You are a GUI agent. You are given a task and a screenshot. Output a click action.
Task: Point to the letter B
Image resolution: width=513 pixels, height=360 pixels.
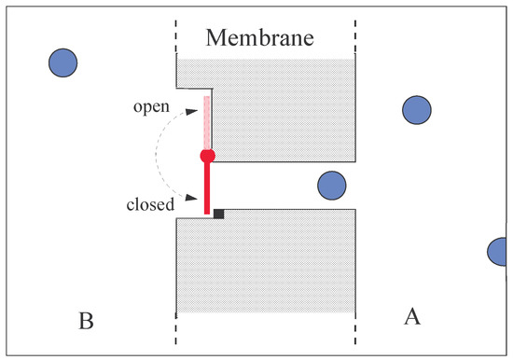85,321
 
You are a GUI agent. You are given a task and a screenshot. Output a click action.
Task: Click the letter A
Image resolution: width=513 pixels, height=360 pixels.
411,316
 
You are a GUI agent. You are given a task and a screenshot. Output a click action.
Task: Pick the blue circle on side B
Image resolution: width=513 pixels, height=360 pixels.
63,62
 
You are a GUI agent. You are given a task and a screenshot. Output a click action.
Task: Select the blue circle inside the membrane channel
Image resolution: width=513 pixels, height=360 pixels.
332,186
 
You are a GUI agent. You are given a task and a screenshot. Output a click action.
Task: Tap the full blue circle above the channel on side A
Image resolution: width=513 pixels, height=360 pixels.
416,110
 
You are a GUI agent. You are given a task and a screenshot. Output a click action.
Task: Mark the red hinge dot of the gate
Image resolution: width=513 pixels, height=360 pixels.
207,155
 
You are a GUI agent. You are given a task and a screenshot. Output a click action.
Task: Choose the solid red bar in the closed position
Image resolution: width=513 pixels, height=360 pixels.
207,187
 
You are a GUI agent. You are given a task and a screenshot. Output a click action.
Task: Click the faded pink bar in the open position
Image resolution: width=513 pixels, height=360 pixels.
207,121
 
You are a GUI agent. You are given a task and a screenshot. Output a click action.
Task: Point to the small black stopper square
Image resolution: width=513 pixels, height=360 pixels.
218,214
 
